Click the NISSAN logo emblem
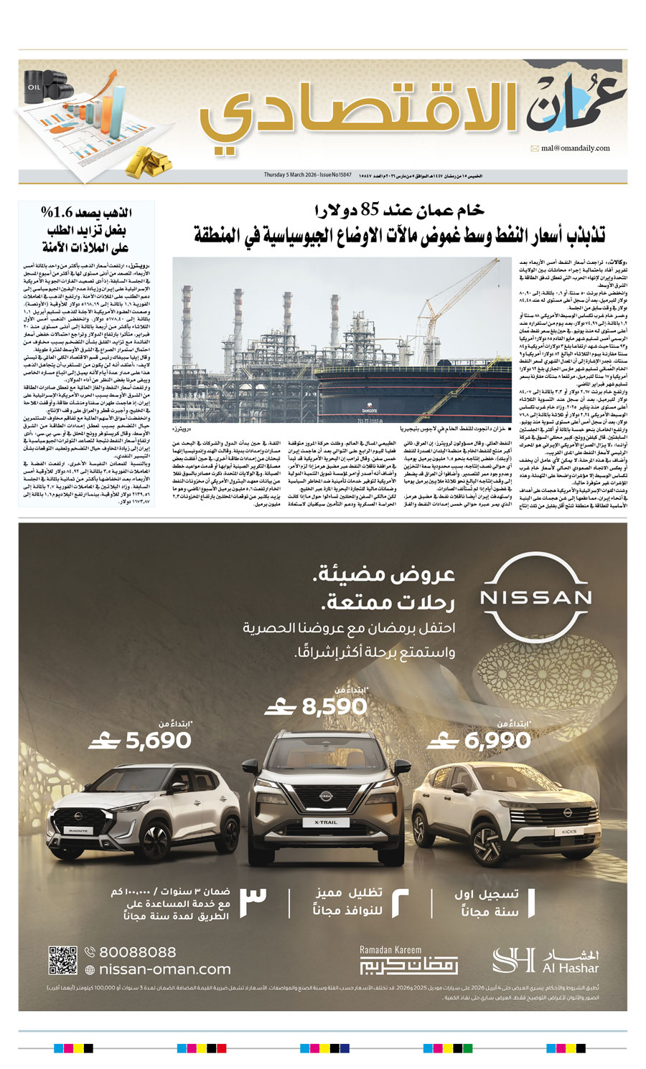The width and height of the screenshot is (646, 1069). click(535, 597)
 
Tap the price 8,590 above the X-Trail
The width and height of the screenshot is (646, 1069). click(334, 707)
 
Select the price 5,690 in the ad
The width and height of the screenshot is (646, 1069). click(159, 741)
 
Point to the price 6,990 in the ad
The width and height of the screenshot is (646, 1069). click(497, 740)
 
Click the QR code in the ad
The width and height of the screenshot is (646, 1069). click(62, 961)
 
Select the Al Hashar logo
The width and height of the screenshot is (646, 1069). click(546, 960)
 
